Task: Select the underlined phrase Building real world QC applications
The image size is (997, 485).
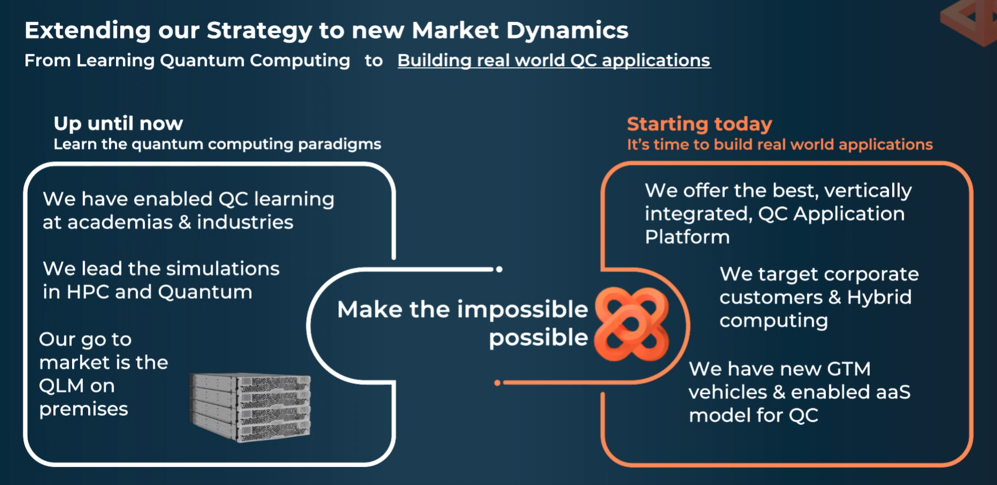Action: [x=554, y=61]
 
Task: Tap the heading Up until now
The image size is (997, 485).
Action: [x=118, y=123]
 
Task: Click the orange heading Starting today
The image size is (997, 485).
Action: [x=699, y=124]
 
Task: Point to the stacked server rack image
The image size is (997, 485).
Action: [x=250, y=407]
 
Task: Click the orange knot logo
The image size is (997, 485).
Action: [x=631, y=324]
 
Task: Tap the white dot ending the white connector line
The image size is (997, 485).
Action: [x=499, y=269]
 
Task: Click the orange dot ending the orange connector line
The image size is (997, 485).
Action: [x=497, y=383]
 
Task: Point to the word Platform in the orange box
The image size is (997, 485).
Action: [x=687, y=237]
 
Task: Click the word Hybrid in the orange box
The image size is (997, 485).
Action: [x=879, y=298]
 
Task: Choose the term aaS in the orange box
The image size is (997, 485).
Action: [x=893, y=392]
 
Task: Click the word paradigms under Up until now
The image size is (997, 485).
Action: [x=339, y=145]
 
